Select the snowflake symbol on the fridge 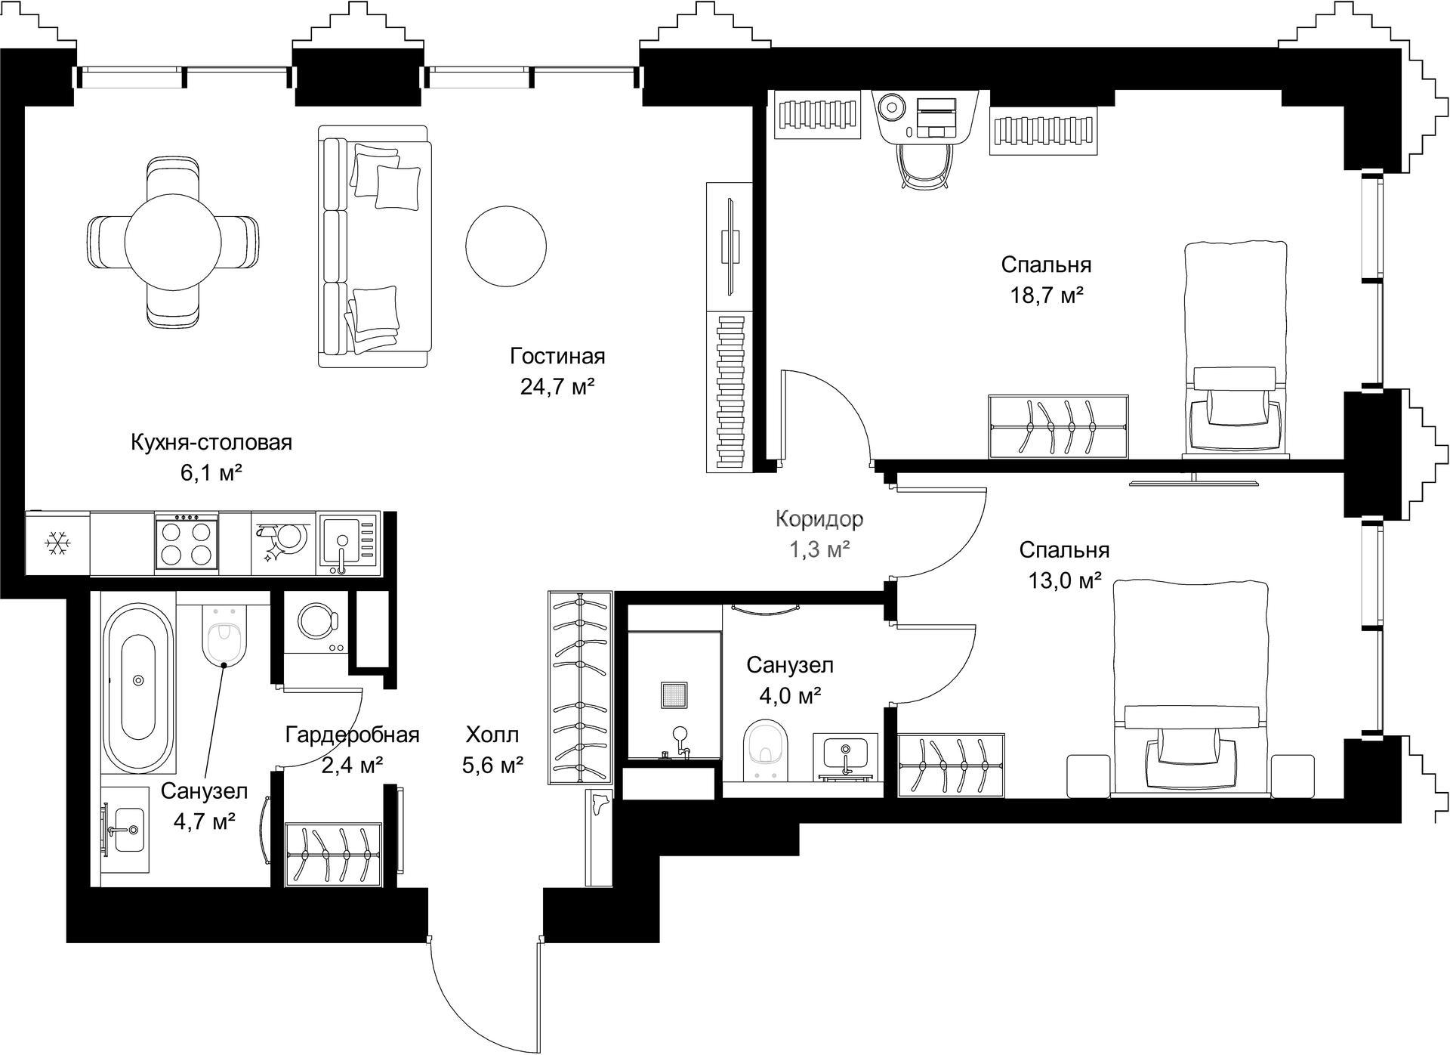point(57,543)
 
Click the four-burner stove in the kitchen point(187,542)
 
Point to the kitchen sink point(347,542)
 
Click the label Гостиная point(557,356)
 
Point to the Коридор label point(819,519)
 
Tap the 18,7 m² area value point(1047,295)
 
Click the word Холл point(492,734)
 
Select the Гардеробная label point(352,734)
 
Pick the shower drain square point(674,695)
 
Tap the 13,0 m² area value point(1064,580)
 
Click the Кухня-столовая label point(211,442)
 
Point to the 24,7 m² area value point(557,387)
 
